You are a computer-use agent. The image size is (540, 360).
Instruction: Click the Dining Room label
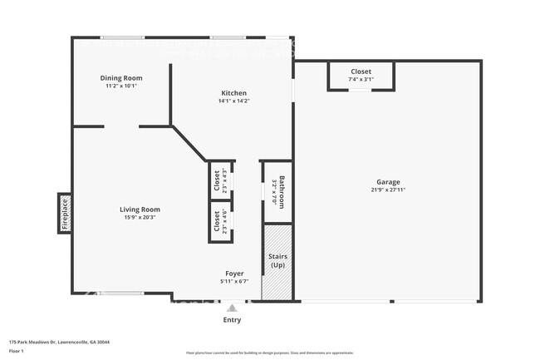coord(121,78)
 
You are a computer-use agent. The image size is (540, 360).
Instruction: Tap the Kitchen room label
coord(233,93)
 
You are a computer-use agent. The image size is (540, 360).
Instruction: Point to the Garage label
coord(388,182)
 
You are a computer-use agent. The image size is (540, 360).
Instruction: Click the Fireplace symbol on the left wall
coord(64,213)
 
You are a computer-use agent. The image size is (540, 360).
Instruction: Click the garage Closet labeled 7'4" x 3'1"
coord(361,76)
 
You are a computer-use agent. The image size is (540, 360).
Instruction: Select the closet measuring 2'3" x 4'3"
coord(220,180)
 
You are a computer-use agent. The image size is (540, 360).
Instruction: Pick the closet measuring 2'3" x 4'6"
coord(220,220)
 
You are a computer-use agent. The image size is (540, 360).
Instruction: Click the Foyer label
coord(234,274)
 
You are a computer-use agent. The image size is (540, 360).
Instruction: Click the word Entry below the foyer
coord(233,320)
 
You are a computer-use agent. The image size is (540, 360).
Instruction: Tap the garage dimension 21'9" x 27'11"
coord(388,190)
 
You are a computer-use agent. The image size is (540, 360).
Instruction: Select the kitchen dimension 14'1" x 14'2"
coord(233,101)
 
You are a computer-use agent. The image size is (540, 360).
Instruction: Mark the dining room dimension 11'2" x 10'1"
coord(121,86)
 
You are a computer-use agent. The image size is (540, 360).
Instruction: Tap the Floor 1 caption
coord(17,351)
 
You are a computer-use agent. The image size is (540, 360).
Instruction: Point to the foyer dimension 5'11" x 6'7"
coord(234,281)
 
